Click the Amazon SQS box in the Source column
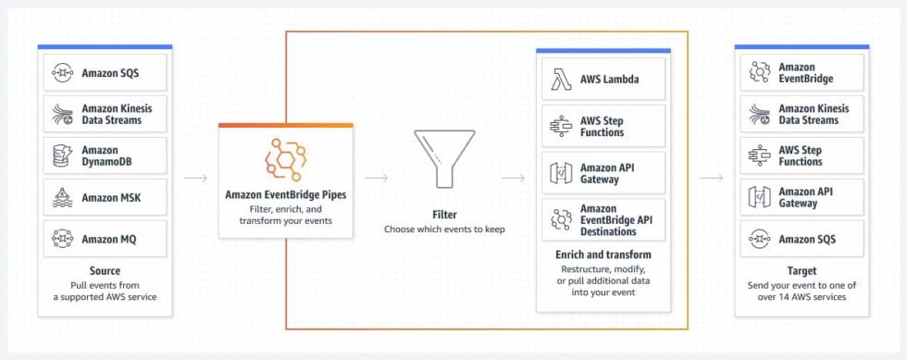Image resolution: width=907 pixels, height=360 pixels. [105, 72]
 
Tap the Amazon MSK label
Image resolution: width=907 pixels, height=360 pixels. [111, 197]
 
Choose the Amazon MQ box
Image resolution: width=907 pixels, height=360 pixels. [105, 239]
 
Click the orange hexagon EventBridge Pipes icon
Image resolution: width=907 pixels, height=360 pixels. [285, 158]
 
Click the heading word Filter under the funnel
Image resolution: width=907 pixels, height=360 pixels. [444, 214]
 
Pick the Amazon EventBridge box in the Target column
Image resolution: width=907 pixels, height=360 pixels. [801, 72]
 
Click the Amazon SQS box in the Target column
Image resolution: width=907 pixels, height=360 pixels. [801, 239]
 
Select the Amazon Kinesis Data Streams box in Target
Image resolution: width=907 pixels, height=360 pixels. [801, 114]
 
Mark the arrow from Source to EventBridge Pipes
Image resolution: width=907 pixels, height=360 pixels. [194, 178]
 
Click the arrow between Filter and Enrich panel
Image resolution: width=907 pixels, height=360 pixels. [512, 178]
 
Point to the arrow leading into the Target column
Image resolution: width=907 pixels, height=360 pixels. [711, 178]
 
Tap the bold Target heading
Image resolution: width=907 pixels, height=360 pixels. [801, 270]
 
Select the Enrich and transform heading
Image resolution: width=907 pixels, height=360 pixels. [603, 254]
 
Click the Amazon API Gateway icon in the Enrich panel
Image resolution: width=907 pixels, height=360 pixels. [561, 173]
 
